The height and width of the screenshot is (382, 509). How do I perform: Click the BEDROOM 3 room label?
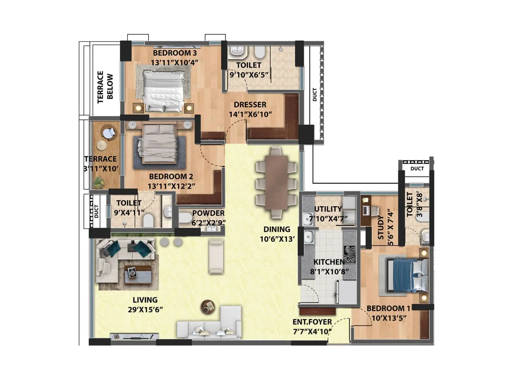[175, 53]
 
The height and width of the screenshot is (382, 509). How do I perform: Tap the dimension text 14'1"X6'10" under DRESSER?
[250, 114]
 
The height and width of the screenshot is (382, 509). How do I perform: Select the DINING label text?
[277, 229]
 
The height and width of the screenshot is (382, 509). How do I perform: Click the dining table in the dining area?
[276, 182]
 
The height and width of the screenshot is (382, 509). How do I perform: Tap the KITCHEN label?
[329, 262]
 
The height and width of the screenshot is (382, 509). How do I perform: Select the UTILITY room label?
[328, 209]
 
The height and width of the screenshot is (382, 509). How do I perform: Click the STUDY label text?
[381, 228]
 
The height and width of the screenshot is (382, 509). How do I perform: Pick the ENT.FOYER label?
[312, 322]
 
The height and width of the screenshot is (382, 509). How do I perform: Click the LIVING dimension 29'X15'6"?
[145, 309]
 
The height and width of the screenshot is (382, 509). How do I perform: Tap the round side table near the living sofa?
[208, 307]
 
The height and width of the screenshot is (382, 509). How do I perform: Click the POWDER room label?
[208, 213]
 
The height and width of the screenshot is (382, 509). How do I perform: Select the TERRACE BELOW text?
[105, 87]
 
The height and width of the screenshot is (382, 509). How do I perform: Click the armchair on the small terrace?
[109, 132]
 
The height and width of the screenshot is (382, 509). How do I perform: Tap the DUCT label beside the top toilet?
[315, 95]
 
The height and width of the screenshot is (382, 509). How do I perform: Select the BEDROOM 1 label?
[388, 308]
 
